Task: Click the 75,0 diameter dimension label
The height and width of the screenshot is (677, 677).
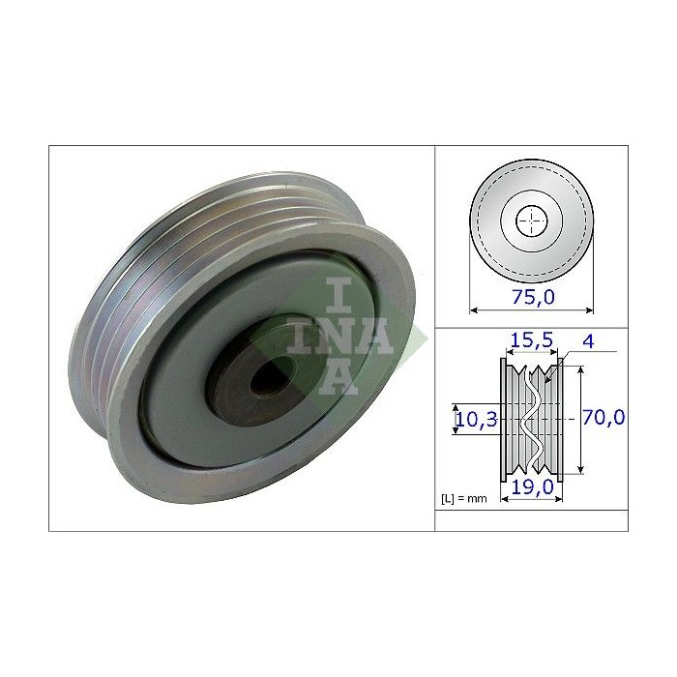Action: (531, 298)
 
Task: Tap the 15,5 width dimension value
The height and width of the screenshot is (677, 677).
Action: (531, 339)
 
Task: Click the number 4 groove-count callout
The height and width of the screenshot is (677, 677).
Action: (589, 340)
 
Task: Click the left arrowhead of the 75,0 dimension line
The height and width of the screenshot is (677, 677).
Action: (474, 310)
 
